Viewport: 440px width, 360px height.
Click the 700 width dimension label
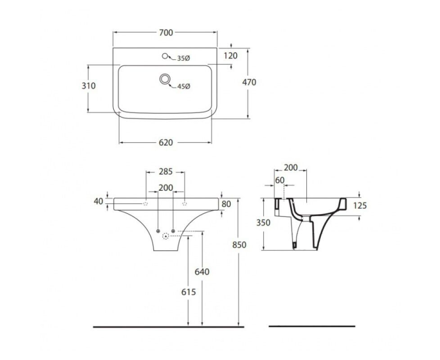(166, 32)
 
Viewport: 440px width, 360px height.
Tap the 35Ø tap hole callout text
(184, 58)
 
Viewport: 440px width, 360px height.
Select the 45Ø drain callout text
(184, 86)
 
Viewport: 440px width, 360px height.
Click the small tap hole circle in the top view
(165, 56)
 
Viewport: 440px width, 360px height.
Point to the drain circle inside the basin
(165, 79)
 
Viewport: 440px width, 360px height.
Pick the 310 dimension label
(89, 85)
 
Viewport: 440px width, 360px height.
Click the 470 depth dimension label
(249, 82)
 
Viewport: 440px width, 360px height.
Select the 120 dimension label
(231, 56)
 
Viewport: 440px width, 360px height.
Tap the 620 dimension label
(166, 143)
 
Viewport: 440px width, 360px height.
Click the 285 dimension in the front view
(166, 171)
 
